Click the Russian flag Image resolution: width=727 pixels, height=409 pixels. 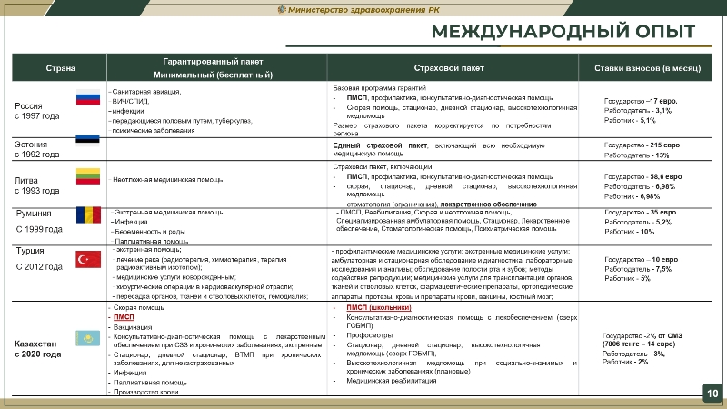[x=87, y=99]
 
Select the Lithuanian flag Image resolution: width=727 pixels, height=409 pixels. [x=87, y=175]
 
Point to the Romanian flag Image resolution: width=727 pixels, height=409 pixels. [x=87, y=215]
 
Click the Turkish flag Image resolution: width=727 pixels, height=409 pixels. [x=87, y=259]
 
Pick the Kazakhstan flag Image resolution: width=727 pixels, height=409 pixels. [x=87, y=338]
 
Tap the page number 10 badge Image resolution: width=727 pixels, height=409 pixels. [x=711, y=392]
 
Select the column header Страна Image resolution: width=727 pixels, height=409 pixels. [x=60, y=68]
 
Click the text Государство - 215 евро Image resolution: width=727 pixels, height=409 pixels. [x=642, y=145]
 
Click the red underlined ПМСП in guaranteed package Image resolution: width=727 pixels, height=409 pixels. [x=124, y=316]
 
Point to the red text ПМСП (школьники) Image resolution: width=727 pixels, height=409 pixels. [x=380, y=308]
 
